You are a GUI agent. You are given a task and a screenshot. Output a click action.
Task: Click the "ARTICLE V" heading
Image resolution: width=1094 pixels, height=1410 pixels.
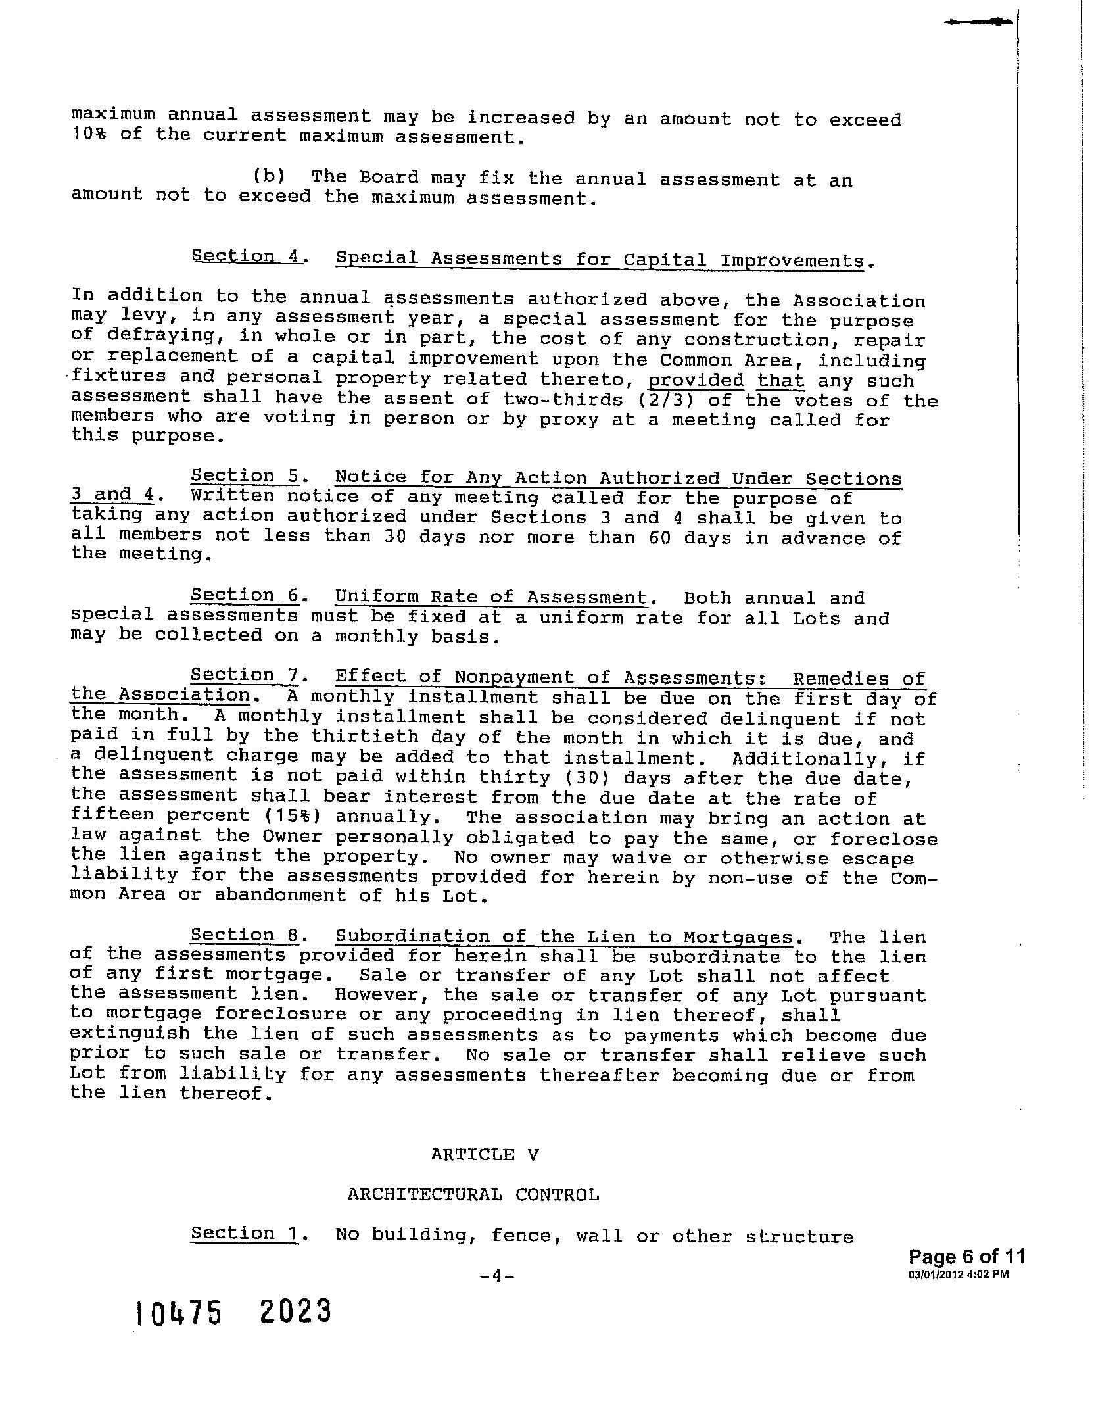pyautogui.click(x=485, y=1154)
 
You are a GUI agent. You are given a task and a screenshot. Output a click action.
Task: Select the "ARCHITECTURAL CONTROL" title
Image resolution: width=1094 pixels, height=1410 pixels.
pyautogui.click(x=473, y=1194)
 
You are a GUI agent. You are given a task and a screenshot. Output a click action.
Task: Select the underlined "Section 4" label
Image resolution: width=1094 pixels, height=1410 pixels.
pyautogui.click(x=246, y=256)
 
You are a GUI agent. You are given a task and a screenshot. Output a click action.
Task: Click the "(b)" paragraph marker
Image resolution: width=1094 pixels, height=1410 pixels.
pyautogui.click(x=270, y=176)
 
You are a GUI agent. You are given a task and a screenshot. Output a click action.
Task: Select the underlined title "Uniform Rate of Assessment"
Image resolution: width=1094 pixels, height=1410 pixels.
pyautogui.click(x=490, y=597)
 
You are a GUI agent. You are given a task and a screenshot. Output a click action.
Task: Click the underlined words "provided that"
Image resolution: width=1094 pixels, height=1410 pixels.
pyautogui.click(x=726, y=381)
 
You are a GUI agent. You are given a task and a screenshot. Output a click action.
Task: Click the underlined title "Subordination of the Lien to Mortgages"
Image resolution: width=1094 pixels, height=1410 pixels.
pyautogui.click(x=564, y=936)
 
